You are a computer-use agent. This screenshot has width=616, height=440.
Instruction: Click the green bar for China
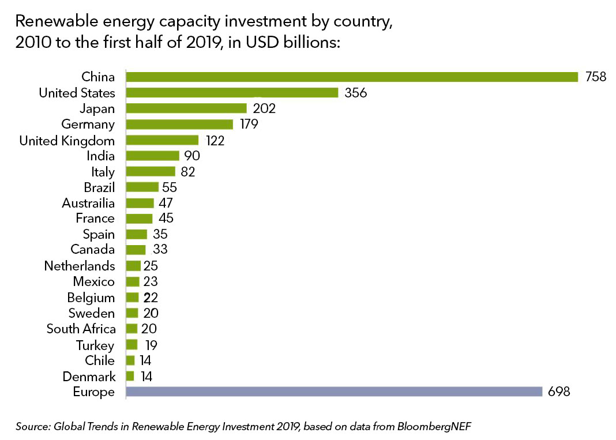click(x=352, y=77)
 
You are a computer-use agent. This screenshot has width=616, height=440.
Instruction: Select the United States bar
click(x=232, y=93)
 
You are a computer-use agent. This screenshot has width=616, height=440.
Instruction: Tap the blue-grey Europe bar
click(x=334, y=392)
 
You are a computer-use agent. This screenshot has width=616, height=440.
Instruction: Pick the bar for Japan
click(x=186, y=108)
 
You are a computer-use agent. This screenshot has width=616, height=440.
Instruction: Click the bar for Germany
click(x=179, y=125)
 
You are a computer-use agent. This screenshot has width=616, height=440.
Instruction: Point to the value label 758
click(x=594, y=77)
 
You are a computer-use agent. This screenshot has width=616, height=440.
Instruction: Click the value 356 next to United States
click(x=355, y=93)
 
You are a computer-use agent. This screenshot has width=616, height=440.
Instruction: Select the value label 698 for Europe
click(x=559, y=392)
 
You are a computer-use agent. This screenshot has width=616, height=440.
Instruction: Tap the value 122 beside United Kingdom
click(x=215, y=141)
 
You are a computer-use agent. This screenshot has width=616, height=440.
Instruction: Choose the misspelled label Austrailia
click(x=88, y=203)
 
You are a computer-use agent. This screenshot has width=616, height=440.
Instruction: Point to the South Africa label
click(x=81, y=329)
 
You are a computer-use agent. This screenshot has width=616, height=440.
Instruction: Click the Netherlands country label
click(x=80, y=266)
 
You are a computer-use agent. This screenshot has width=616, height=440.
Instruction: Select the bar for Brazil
click(x=142, y=187)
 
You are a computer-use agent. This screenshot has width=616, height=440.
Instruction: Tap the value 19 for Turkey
click(x=151, y=345)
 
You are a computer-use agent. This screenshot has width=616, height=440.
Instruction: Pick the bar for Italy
click(x=151, y=171)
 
